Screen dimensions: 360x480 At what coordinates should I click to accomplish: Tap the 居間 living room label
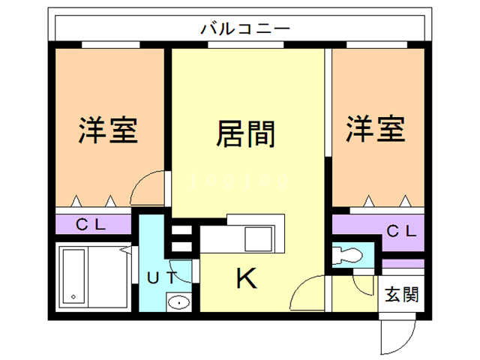(245, 134)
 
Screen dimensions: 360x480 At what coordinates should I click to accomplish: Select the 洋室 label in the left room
(108, 129)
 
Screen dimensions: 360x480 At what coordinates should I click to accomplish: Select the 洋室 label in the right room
(375, 129)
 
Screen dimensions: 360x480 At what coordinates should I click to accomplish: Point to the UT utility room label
(162, 278)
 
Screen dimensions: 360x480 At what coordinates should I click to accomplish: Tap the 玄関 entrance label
(402, 293)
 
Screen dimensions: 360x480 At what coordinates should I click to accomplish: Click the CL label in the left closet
(93, 224)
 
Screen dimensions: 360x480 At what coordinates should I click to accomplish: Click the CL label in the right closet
(400, 231)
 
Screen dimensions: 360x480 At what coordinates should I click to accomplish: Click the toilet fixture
(346, 255)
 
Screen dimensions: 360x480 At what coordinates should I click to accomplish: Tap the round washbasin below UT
(178, 303)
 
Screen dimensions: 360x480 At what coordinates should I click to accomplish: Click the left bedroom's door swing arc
(145, 187)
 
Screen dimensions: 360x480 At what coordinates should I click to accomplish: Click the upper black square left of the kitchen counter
(181, 229)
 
